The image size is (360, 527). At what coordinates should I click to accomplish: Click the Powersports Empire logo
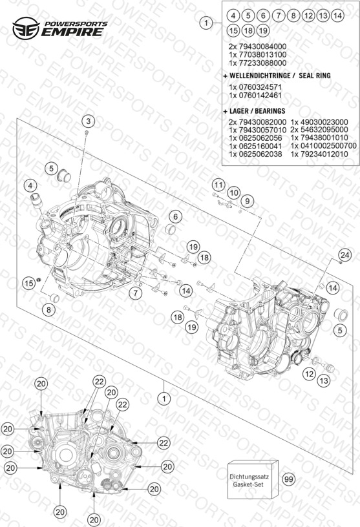click(60, 28)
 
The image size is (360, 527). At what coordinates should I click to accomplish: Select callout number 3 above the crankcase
click(88, 121)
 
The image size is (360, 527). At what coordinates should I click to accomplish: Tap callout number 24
click(345, 255)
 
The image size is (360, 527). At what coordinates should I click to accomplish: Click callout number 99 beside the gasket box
click(289, 479)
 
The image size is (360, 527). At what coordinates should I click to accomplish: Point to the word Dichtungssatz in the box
click(249, 477)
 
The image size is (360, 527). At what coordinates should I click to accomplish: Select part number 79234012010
click(323, 154)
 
